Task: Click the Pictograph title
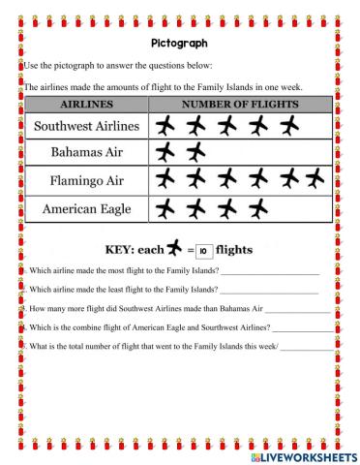point(180,44)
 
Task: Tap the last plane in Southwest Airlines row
point(287,126)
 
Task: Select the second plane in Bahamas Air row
point(197,152)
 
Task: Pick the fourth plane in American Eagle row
point(257,206)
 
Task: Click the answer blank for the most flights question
point(278,271)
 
